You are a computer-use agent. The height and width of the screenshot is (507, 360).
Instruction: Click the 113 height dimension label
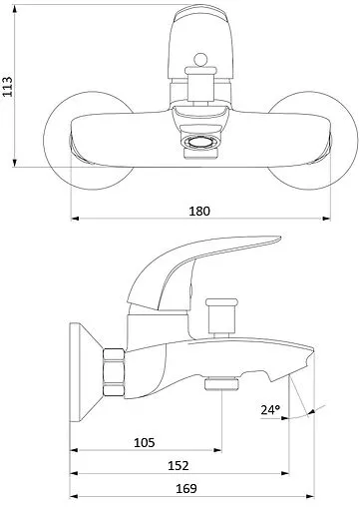point(7,87)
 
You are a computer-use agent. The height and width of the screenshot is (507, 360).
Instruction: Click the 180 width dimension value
point(199,211)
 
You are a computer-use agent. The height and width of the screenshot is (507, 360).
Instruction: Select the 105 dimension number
point(145,443)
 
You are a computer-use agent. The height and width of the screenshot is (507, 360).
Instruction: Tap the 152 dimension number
point(179,466)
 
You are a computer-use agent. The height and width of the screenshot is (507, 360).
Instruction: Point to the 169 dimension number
point(186,489)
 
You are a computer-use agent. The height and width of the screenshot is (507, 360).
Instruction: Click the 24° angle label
point(270,410)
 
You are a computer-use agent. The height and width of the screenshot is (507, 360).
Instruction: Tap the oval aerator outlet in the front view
point(200,144)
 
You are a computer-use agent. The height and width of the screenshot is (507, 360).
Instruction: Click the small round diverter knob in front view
point(200,60)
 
